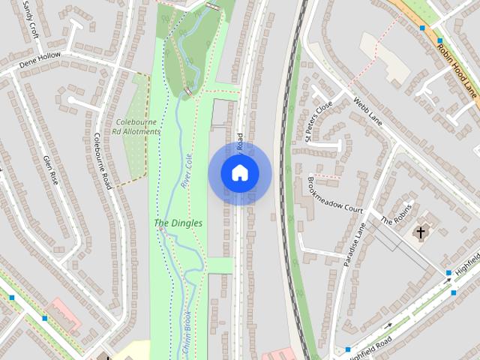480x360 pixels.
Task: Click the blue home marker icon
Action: point(239,173)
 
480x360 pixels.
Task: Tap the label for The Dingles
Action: point(178,223)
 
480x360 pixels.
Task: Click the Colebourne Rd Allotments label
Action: point(137,127)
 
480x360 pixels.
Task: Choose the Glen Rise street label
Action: point(50,169)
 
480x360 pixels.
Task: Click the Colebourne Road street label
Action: point(100,160)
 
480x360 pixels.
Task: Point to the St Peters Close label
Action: point(319,122)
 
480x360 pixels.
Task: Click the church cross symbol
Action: point(421,232)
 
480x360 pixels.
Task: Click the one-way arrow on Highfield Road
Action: point(389,325)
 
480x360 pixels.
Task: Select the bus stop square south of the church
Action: point(448,273)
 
